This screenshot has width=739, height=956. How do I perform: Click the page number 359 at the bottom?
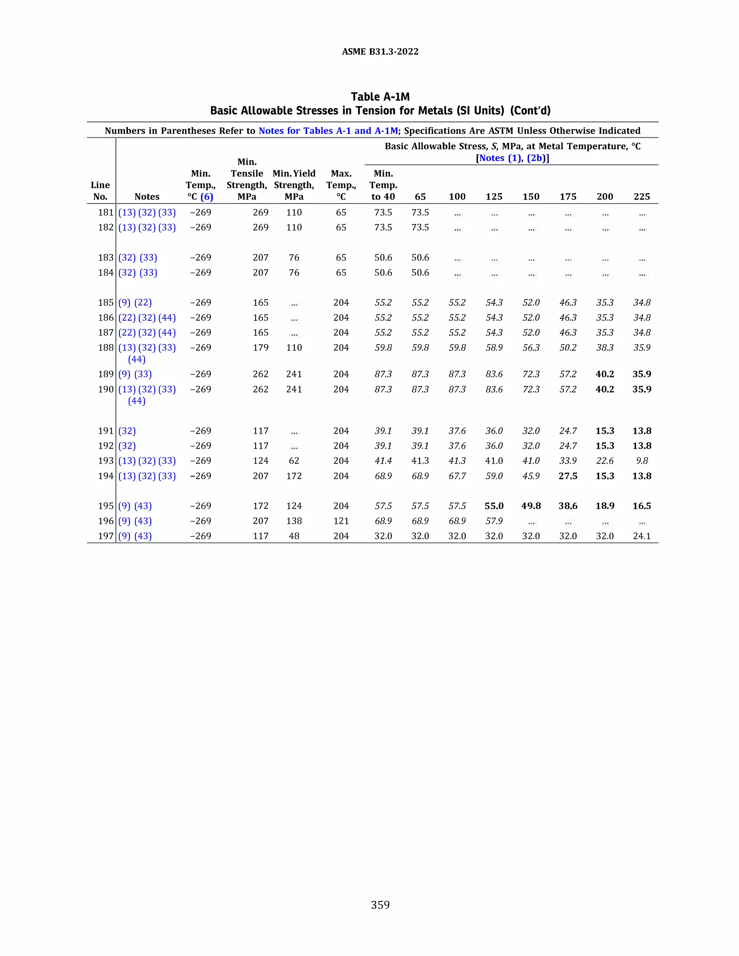380,905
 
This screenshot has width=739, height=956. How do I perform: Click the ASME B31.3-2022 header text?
380,52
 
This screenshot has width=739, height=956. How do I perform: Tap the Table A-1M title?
380,97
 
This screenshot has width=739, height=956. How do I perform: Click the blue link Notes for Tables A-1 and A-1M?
328,131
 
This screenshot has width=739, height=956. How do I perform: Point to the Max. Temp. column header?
341,185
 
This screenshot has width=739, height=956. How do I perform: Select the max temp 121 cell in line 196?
341,521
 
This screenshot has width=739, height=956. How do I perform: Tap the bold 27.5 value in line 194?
568,476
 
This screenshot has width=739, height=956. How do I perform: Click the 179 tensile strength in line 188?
261,347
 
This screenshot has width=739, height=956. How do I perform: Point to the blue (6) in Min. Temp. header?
207,197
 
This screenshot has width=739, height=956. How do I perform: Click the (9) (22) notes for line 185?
135,302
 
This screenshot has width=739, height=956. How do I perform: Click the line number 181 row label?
105,212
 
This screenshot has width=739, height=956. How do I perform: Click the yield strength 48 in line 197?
294,536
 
